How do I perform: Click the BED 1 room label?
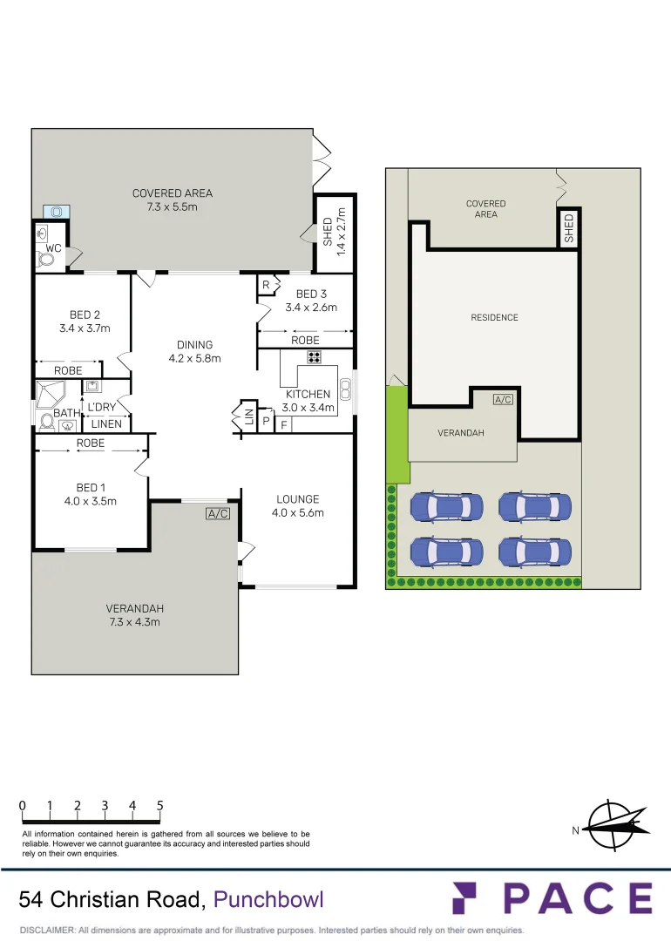(x=91, y=487)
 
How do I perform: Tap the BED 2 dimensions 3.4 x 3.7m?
(x=85, y=328)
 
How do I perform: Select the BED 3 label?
(x=311, y=294)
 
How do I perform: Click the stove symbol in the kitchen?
(x=314, y=357)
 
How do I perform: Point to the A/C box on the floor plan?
(x=217, y=514)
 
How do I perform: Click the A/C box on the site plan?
(x=503, y=399)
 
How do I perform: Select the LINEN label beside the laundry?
(x=105, y=424)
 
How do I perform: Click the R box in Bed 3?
(x=266, y=285)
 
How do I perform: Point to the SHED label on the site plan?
(x=569, y=228)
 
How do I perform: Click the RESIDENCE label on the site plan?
(x=494, y=317)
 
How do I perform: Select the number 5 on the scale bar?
(x=160, y=806)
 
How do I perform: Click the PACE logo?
(x=552, y=898)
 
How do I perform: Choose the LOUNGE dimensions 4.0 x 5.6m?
(x=298, y=513)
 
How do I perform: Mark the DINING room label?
(x=194, y=344)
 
